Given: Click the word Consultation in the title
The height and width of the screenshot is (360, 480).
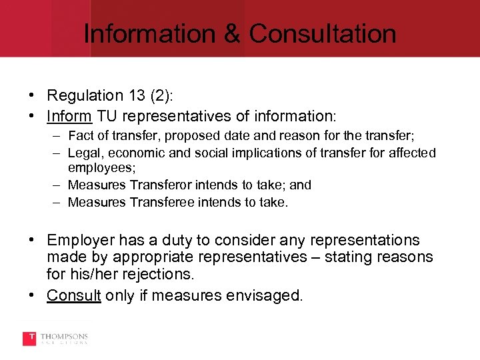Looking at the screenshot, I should [323, 33].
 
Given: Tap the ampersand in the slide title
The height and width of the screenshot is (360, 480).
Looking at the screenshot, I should [231, 33].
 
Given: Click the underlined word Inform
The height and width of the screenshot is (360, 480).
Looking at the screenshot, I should [69, 116].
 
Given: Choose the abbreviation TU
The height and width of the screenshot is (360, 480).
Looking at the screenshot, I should [107, 116].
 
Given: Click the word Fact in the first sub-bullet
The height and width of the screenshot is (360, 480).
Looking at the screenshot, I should [80, 137].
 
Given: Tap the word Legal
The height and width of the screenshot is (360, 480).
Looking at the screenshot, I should [83, 153].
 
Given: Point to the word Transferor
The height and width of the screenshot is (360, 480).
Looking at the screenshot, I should [143, 185].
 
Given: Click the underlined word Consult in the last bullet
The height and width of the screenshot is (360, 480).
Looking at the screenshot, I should [74, 295].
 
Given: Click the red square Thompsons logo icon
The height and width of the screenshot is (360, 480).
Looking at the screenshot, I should [29, 339].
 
